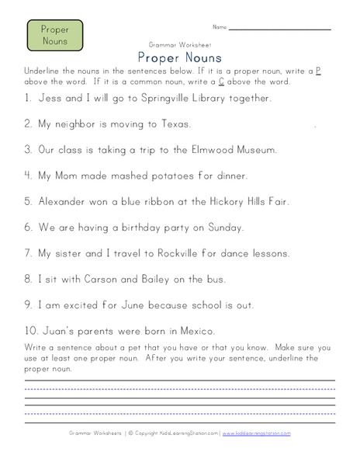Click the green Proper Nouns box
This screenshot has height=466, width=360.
tap(54, 35)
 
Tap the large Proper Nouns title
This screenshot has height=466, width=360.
tap(179, 57)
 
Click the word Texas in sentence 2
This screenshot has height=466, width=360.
tap(169, 124)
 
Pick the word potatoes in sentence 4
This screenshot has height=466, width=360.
tap(148, 176)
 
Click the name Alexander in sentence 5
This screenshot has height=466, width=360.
tap(55, 201)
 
